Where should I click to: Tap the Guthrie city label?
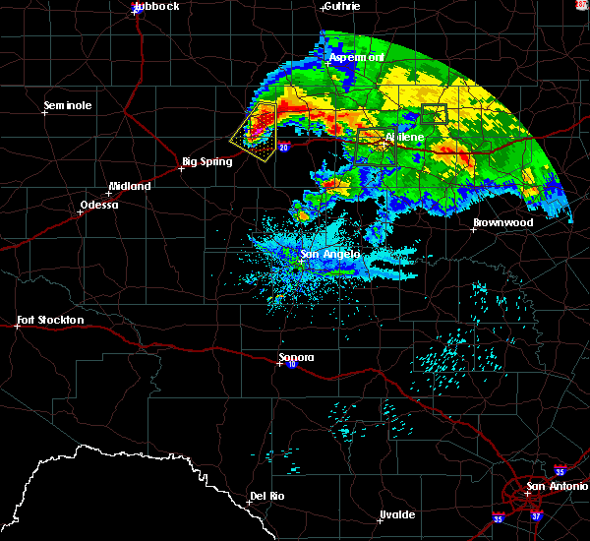[x=341, y=6]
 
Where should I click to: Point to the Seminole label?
[x=68, y=105]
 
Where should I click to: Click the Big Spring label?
[x=207, y=161]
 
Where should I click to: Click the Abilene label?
[x=404, y=137]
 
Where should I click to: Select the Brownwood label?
[x=502, y=223]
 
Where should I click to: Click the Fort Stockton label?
[x=50, y=321]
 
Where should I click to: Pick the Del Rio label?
[x=267, y=496]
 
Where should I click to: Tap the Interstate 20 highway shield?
[x=283, y=148]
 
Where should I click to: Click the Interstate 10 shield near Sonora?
[x=293, y=365]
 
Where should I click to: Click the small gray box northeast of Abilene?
[x=434, y=112]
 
